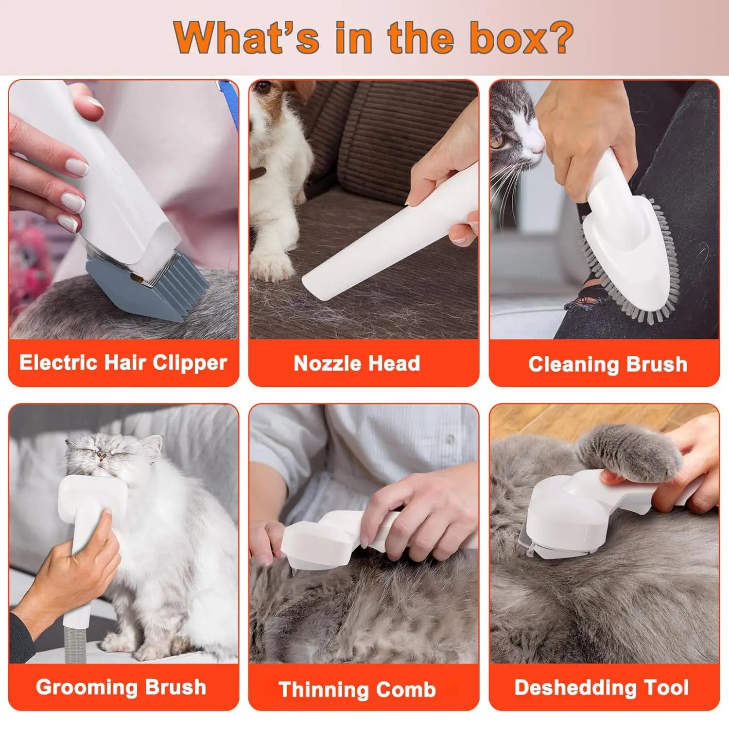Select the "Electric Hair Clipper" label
click(123, 363)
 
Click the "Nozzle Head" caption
click(357, 364)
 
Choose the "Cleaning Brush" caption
click(607, 364)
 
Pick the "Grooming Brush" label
click(121, 687)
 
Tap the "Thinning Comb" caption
click(357, 689)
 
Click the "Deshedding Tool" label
click(602, 688)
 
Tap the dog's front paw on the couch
click(272, 265)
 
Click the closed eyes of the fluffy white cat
click(104, 454)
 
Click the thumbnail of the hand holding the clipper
click(75, 168)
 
